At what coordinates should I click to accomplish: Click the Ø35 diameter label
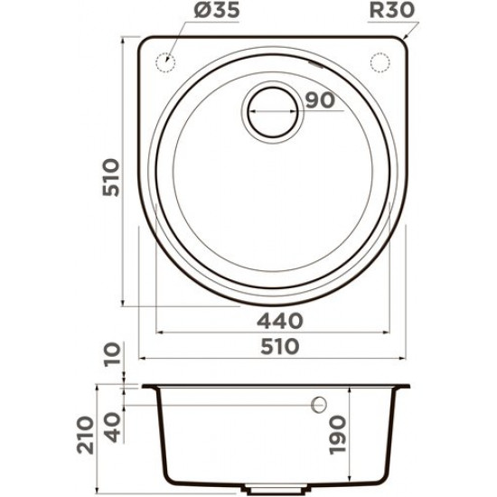[216, 11]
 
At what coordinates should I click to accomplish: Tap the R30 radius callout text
[392, 11]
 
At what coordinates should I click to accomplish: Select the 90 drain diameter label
[320, 100]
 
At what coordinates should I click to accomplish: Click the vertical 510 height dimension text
[111, 177]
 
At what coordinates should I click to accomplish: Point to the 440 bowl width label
[280, 321]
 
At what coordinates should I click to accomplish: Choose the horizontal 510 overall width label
[280, 346]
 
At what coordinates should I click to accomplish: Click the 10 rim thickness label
[113, 353]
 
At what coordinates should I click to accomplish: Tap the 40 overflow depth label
[113, 427]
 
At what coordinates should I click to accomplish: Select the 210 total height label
[86, 436]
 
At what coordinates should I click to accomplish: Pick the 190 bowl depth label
[337, 436]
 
